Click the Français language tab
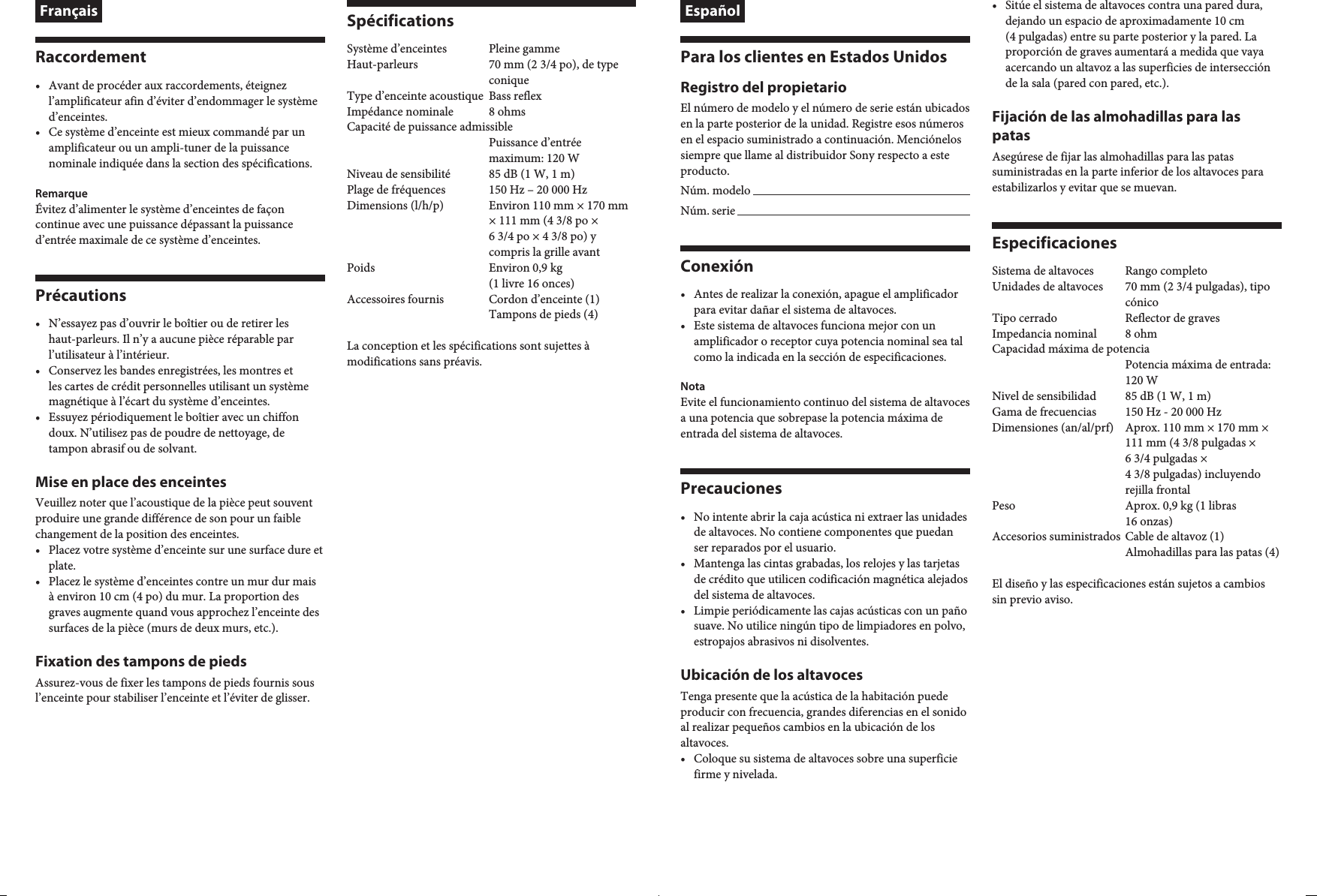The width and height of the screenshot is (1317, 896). [x=68, y=11]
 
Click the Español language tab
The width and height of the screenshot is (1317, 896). [x=713, y=11]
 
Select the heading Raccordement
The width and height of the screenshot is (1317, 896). [x=91, y=57]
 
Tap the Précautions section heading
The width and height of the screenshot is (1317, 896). [x=80, y=296]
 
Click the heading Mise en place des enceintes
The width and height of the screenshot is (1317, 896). [x=131, y=482]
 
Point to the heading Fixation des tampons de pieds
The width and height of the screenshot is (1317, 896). [x=140, y=661]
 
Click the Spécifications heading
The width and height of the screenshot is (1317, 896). [x=400, y=21]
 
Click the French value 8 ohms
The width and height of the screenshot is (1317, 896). [x=507, y=112]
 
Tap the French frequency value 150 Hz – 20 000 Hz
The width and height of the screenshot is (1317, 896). [x=538, y=190]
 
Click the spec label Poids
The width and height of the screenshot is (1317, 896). [x=360, y=268]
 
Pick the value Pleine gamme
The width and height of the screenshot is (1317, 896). [x=524, y=49]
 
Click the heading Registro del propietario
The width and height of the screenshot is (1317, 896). [x=763, y=88]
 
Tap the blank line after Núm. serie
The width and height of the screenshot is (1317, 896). [x=853, y=212]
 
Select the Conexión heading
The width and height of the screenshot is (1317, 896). [x=716, y=266]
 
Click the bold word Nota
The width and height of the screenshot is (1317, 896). [x=692, y=386]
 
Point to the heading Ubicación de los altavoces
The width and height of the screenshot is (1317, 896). [x=771, y=675]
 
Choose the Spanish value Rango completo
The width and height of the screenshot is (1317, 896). [x=1166, y=271]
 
